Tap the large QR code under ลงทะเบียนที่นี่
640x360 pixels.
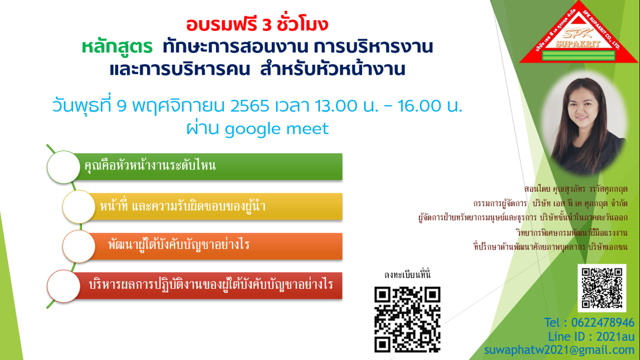pyautogui.click(x=407, y=319)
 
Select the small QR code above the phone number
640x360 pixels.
pyautogui.click(x=601, y=288)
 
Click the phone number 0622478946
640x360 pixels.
pyautogui.click(x=603, y=323)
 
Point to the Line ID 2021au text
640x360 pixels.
pyautogui.click(x=591, y=337)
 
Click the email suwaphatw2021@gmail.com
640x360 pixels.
pyautogui.click(x=559, y=350)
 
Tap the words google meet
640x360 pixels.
pyautogui.click(x=277, y=129)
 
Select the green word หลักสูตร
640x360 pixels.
pyautogui.click(x=117, y=47)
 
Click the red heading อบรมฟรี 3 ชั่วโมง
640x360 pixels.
pyautogui.click(x=257, y=24)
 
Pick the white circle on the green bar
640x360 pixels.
pyautogui.click(x=64, y=167)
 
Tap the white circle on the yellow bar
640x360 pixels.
pyautogui.click(x=79, y=207)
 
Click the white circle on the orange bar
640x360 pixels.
pyautogui.click(x=79, y=247)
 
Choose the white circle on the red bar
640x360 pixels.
pyautogui.click(x=64, y=286)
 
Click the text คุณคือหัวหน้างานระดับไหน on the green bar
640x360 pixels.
pyautogui.click(x=150, y=166)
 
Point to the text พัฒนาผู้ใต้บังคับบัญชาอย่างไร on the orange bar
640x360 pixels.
pyautogui.click(x=179, y=245)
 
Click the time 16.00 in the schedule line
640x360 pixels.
pyautogui.click(x=419, y=106)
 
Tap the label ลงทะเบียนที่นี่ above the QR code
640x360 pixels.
pyautogui.click(x=407, y=274)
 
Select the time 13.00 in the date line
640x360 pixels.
pyautogui.click(x=336, y=106)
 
